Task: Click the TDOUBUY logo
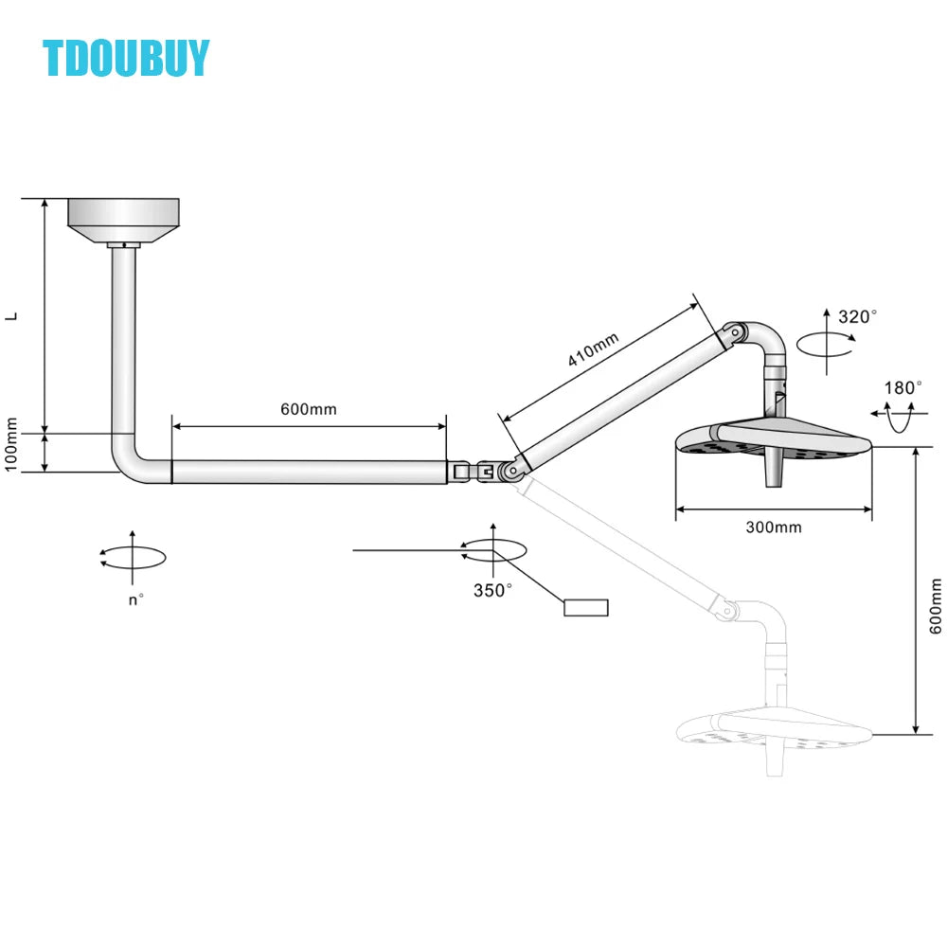[126, 59]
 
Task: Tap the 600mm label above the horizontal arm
[309, 410]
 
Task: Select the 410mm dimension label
[594, 349]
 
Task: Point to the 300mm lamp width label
[773, 527]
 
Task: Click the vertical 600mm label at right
[936, 606]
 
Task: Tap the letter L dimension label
[12, 316]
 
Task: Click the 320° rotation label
[858, 317]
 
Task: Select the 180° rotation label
[902, 387]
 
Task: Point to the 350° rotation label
[492, 590]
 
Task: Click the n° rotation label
[136, 599]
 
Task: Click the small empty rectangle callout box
[586, 608]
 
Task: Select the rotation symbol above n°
[133, 557]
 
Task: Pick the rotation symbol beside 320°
[824, 344]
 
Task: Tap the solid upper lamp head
[772, 438]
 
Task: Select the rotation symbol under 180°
[897, 415]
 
